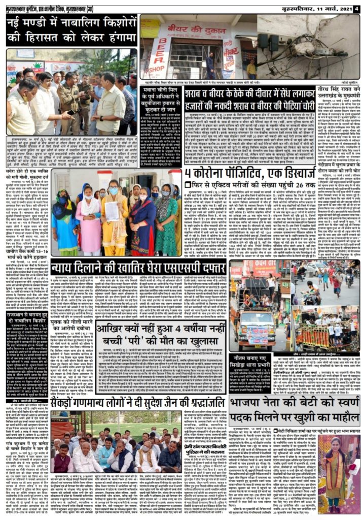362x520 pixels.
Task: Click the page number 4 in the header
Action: [356, 8]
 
